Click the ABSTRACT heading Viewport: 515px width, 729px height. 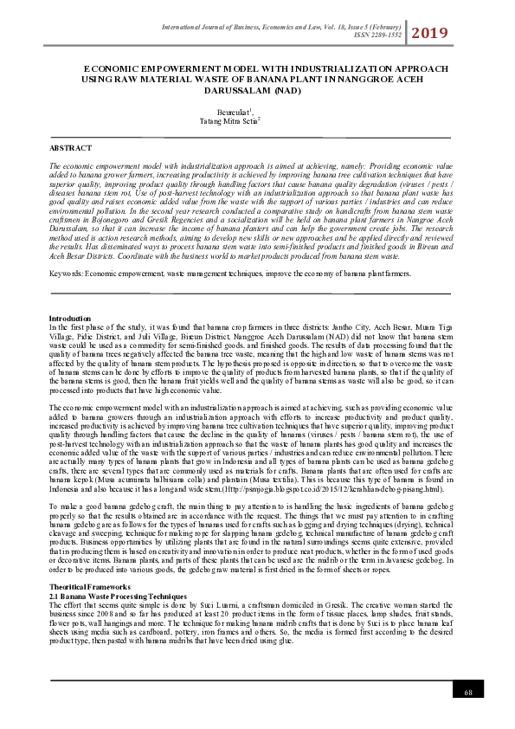pos(70,149)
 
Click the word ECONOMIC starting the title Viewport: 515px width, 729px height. pos(113,68)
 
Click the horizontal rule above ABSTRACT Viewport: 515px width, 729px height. pos(251,138)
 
